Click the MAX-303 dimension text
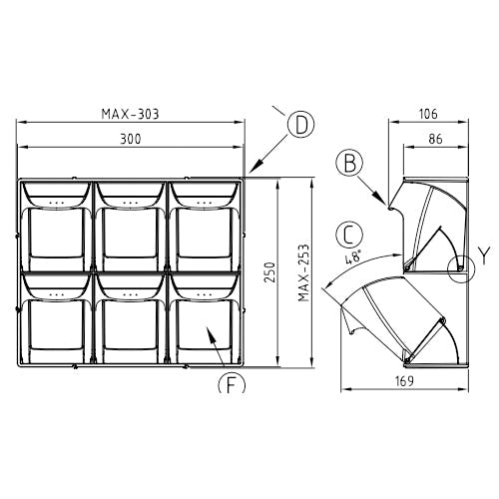pos(130,114)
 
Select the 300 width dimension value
pos(131,139)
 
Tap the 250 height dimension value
pos(271,272)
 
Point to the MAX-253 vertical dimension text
pos(304,273)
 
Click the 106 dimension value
pos(428,114)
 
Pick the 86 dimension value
pos(436,139)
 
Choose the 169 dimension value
pos(404,381)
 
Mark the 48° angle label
pos(353,257)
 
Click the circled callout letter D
pos(300,126)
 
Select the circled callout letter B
pos(350,164)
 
